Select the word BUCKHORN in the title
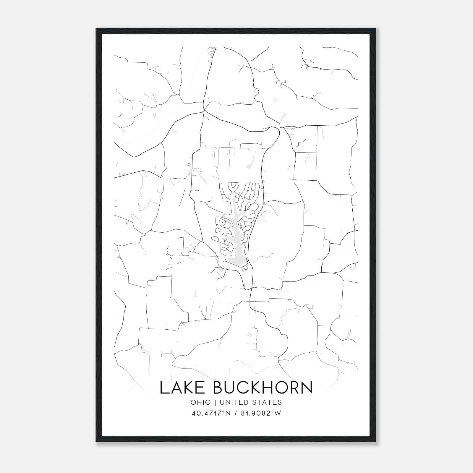[263, 388]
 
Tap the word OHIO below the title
[201, 402]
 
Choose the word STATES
[269, 402]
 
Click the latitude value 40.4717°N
[210, 413]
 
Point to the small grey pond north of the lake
[251, 163]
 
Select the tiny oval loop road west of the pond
[188, 164]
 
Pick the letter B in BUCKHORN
[219, 388]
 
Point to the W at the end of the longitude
[277, 413]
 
